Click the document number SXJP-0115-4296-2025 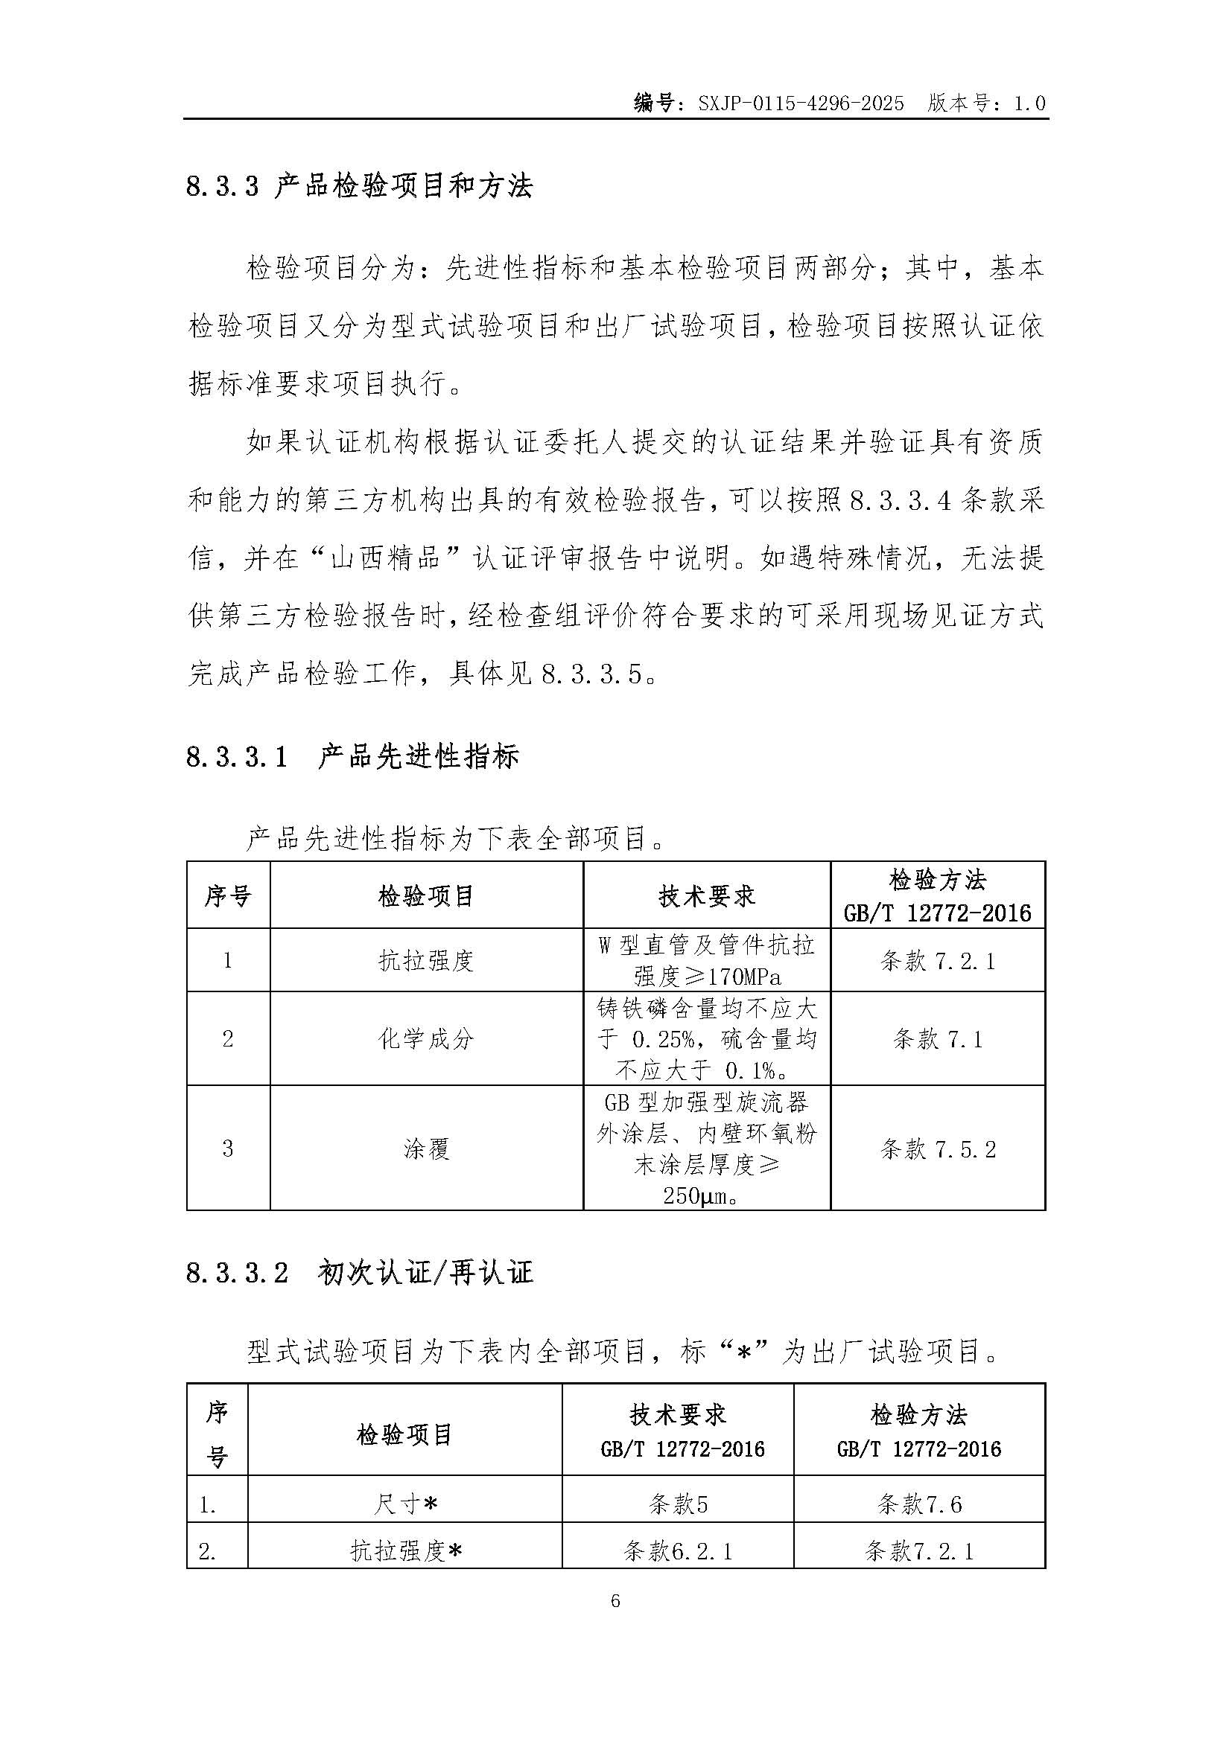[x=801, y=103]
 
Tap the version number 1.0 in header [x=1029, y=103]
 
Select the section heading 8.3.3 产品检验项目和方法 [x=360, y=187]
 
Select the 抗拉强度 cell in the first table [x=426, y=961]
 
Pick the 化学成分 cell [x=426, y=1039]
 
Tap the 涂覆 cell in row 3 [x=426, y=1149]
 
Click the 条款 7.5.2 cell [x=938, y=1149]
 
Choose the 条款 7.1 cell [x=938, y=1039]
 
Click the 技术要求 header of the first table [x=707, y=896]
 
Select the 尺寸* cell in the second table [x=405, y=1504]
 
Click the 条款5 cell [x=679, y=1504]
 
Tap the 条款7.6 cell [x=919, y=1504]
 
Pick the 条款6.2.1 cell [x=679, y=1551]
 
